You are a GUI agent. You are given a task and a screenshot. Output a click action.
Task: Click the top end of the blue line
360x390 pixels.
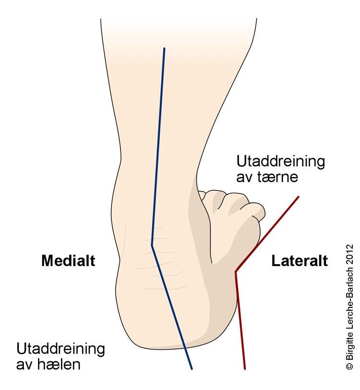(164, 49)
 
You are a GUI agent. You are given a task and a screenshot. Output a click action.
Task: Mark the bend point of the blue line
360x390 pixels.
(152, 245)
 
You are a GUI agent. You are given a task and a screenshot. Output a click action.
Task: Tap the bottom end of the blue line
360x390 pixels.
(192, 368)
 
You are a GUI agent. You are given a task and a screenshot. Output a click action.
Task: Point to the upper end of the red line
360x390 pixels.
(299, 197)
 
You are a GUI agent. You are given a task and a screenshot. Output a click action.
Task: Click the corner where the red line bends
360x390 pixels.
(236, 272)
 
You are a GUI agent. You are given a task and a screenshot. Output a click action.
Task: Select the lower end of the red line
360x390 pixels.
(245, 368)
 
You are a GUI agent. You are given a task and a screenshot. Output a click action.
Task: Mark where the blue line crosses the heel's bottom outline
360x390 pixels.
(185, 347)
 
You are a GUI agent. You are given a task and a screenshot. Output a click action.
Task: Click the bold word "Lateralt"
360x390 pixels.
(300, 261)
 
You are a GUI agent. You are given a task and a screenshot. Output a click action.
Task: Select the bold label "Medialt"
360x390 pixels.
(68, 261)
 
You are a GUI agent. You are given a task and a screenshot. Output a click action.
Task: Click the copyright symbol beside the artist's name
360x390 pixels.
(349, 366)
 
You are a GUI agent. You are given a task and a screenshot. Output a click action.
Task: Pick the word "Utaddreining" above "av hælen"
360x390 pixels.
(60, 349)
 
